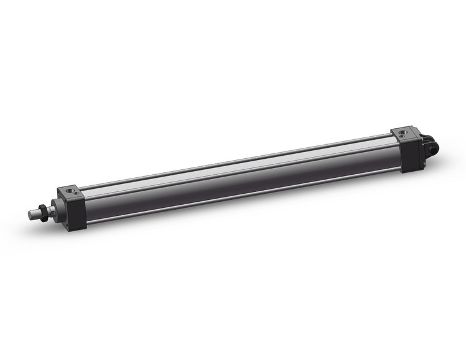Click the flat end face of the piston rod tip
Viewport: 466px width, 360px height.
coord(30,215)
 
